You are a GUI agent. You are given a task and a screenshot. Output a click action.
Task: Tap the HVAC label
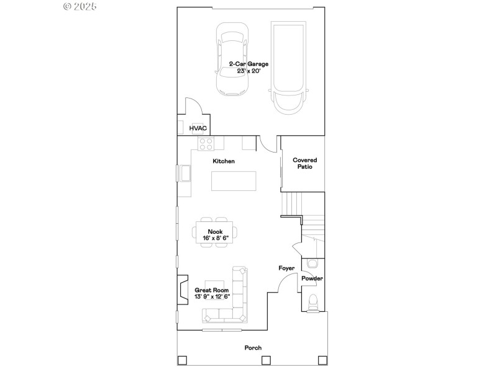198,128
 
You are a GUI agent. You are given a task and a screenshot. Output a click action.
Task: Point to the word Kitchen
224,161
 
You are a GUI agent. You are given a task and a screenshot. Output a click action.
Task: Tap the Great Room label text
212,290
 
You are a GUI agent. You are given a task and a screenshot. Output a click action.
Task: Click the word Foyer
286,268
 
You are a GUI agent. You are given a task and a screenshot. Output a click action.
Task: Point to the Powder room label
312,279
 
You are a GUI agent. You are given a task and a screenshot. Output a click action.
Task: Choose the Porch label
252,348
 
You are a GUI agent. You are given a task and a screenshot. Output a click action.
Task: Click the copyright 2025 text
80,6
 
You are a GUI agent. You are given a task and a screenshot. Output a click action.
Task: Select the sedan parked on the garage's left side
232,60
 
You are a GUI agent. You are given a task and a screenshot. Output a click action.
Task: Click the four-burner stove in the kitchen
206,144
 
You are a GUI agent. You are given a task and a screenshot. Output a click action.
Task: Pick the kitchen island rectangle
232,180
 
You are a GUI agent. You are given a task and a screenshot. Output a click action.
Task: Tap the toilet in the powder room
314,303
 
